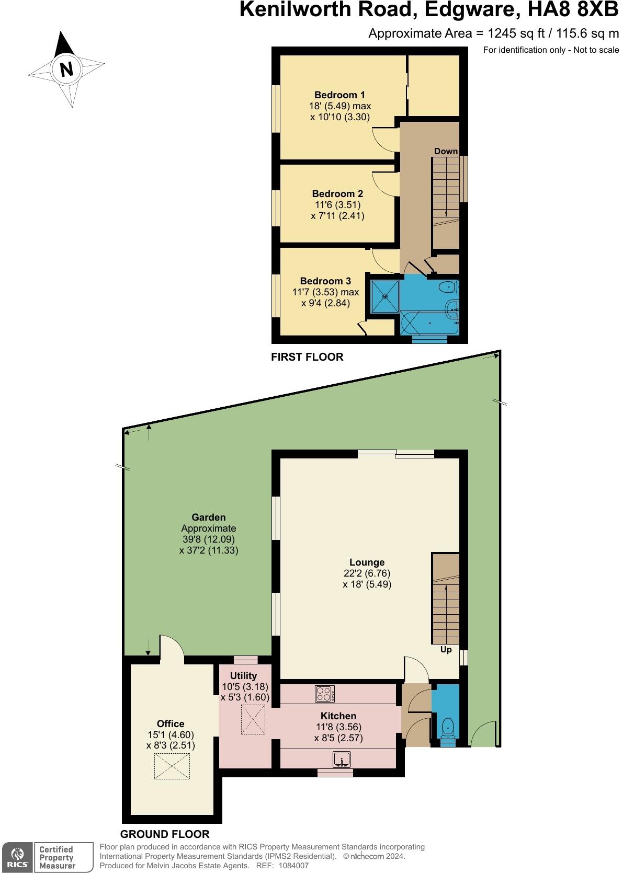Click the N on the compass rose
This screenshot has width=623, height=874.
[x=66, y=69]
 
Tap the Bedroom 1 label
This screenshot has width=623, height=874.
[x=339, y=95]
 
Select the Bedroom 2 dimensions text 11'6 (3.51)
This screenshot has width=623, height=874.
[x=337, y=205]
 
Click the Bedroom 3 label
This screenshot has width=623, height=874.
[x=325, y=281]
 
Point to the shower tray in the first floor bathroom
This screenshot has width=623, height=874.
[x=385, y=296]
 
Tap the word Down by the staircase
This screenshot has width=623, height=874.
[x=446, y=152]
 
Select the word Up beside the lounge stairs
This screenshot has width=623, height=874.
[x=446, y=650]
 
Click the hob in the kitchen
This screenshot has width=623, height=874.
[x=325, y=694]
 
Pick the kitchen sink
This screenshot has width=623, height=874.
[x=342, y=758]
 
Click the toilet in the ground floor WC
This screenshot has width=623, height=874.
[x=448, y=727]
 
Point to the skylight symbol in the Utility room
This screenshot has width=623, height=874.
[x=253, y=720]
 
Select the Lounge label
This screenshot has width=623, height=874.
[x=367, y=562]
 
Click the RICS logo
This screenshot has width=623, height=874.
[x=17, y=858]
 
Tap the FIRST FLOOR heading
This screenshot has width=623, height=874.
[x=307, y=357]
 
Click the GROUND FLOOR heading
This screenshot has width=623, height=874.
[x=165, y=834]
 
